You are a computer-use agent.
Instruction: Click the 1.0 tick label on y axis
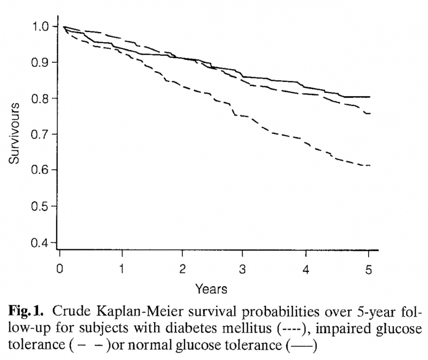[41, 26]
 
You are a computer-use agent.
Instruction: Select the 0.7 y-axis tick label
[41, 134]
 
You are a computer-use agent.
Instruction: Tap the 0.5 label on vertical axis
[41, 206]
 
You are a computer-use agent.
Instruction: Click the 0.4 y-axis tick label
[41, 242]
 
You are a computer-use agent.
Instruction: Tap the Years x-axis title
[211, 289]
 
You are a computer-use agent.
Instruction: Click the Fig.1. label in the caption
[32, 312]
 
